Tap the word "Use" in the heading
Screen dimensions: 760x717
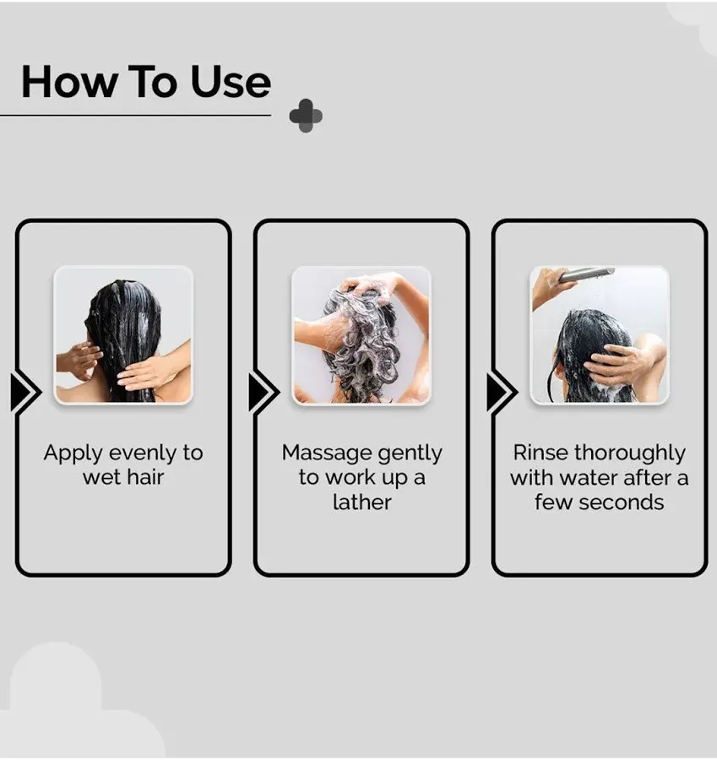pos(231,82)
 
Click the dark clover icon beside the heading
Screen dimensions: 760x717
pos(306,116)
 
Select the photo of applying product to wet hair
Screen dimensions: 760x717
pos(123,335)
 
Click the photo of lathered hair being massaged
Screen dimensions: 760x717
pos(361,335)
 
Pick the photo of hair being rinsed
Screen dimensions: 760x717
pos(600,335)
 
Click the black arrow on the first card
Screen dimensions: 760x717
pos(25,392)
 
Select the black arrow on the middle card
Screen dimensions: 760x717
pos(263,392)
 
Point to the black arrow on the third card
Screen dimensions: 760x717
pos(502,392)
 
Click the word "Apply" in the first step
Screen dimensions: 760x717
pos(73,453)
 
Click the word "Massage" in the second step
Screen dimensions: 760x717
pos(324,453)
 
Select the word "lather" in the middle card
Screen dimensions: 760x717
pos(361,502)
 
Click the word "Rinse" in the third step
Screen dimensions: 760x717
pos(540,453)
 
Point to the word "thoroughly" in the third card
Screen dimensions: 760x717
pos(630,453)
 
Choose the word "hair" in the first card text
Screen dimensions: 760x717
pos(146,477)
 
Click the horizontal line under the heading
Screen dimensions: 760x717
pos(135,115)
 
